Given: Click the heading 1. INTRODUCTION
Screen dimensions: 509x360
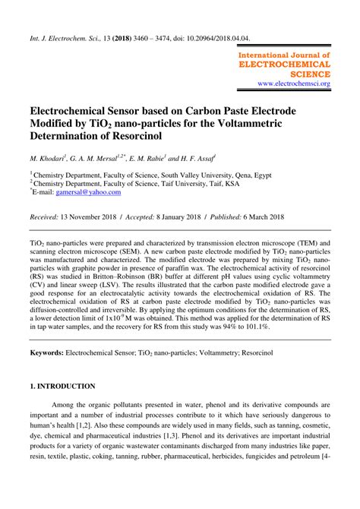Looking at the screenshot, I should tap(62, 386).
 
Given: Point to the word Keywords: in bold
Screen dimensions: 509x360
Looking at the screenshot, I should tap(46, 353).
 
